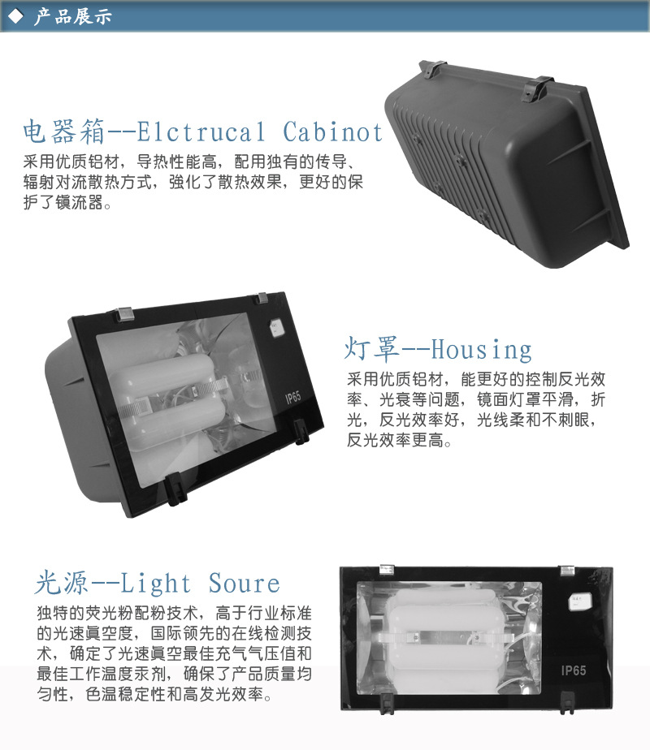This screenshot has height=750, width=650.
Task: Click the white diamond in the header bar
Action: coord(15,16)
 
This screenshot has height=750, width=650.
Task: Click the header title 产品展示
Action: coord(73,16)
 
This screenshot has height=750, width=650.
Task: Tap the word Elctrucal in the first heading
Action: coord(201,132)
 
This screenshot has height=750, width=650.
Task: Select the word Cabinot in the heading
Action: coord(332,132)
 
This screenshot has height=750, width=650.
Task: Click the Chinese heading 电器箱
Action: coord(64,132)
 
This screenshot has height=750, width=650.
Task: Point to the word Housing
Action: coord(482,350)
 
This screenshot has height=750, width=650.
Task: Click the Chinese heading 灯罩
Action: coord(371,348)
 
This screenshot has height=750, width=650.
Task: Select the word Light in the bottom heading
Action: coord(155,584)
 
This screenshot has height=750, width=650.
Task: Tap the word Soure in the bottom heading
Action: coord(244,584)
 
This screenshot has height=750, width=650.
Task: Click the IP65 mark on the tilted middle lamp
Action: coord(293,398)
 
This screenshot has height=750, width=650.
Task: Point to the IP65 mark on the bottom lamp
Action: coord(574,670)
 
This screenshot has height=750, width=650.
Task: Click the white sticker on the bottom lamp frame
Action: coord(579,601)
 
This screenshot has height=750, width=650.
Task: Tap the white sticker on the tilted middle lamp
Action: coord(276,328)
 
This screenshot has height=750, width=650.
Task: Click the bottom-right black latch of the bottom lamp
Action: coord(566,703)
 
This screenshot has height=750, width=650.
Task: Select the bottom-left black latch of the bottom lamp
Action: coord(386,704)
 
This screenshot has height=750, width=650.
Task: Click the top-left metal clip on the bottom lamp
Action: coord(387,569)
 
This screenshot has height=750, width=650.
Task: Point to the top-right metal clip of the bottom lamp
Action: coord(567,570)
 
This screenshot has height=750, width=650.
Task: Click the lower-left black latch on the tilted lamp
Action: coord(176,489)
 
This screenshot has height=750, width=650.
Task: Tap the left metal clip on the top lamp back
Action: coord(432,69)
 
